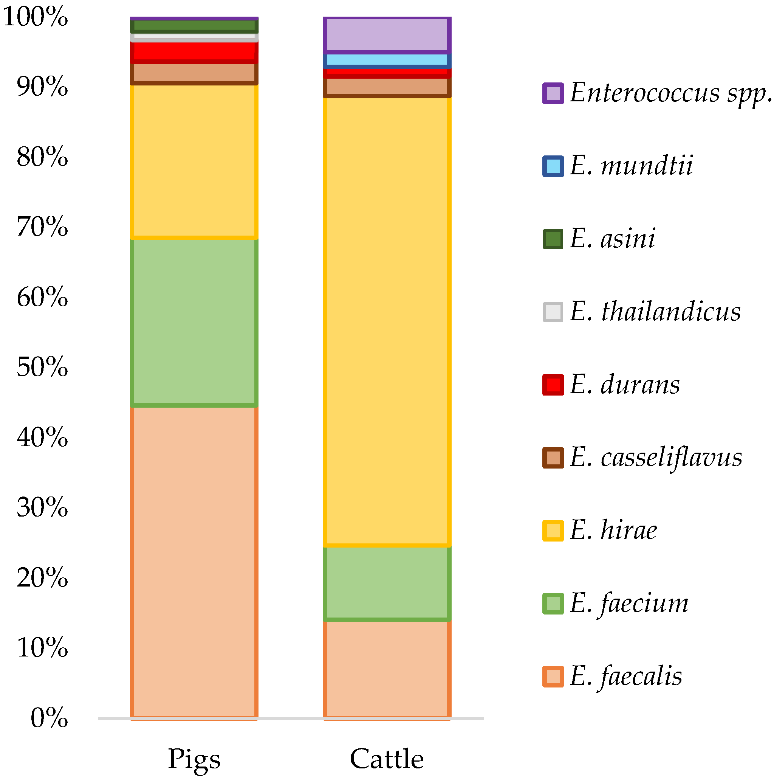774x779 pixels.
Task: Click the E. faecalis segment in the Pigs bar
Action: (x=194, y=565)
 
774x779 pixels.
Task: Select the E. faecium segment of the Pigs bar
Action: (x=194, y=322)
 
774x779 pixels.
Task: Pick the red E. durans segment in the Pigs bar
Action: (x=194, y=51)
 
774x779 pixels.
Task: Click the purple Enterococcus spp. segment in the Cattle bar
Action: (x=387, y=35)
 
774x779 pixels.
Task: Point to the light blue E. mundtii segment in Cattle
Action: (x=387, y=60)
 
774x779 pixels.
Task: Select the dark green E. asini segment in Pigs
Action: (x=194, y=26)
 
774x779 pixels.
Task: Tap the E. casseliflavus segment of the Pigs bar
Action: (x=194, y=73)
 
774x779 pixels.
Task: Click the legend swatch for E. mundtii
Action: (x=553, y=166)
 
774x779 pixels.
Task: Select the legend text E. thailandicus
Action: (x=655, y=312)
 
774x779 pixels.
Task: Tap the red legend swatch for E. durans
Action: (x=553, y=385)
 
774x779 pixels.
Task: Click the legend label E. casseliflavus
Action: (x=656, y=458)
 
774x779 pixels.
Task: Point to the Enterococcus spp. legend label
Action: (x=670, y=93)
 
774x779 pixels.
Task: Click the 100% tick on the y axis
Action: (x=36, y=17)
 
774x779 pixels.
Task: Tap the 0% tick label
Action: (x=49, y=718)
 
